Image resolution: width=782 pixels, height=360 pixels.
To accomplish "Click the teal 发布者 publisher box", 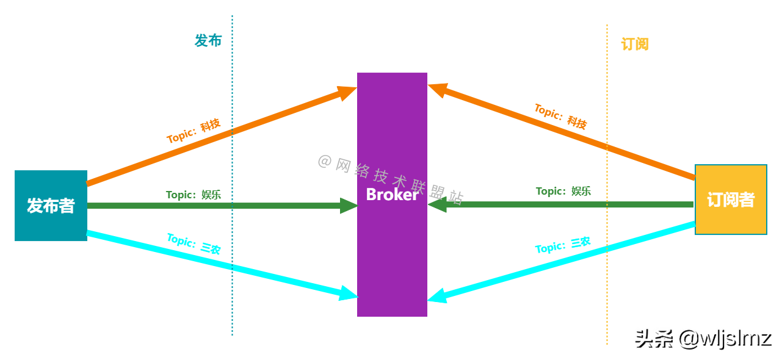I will [51, 206].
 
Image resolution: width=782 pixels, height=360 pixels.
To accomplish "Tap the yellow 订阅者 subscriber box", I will [731, 200].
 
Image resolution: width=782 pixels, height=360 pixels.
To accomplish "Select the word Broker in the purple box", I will [392, 194].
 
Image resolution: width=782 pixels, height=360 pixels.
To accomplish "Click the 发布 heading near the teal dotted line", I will [208, 41].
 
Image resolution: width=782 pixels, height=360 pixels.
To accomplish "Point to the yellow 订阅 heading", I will [635, 44].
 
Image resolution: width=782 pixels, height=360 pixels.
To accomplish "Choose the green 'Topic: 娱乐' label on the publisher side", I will [194, 195].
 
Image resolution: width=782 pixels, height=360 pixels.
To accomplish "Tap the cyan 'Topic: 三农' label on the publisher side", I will [194, 243].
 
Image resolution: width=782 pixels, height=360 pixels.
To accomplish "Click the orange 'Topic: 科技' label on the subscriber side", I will [560, 116].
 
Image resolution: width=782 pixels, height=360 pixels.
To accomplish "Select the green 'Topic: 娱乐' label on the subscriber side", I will [563, 191].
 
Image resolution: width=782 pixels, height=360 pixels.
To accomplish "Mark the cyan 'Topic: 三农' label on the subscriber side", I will [563, 245].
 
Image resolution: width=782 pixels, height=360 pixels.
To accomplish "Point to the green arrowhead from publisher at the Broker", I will [349, 206].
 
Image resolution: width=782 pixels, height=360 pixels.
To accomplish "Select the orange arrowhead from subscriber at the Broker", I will [437, 90].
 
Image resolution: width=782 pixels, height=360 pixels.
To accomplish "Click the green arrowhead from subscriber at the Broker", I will [437, 205].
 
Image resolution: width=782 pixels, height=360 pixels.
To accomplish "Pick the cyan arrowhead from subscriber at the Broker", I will [437, 297].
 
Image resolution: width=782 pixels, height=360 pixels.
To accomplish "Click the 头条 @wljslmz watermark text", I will [701, 337].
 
